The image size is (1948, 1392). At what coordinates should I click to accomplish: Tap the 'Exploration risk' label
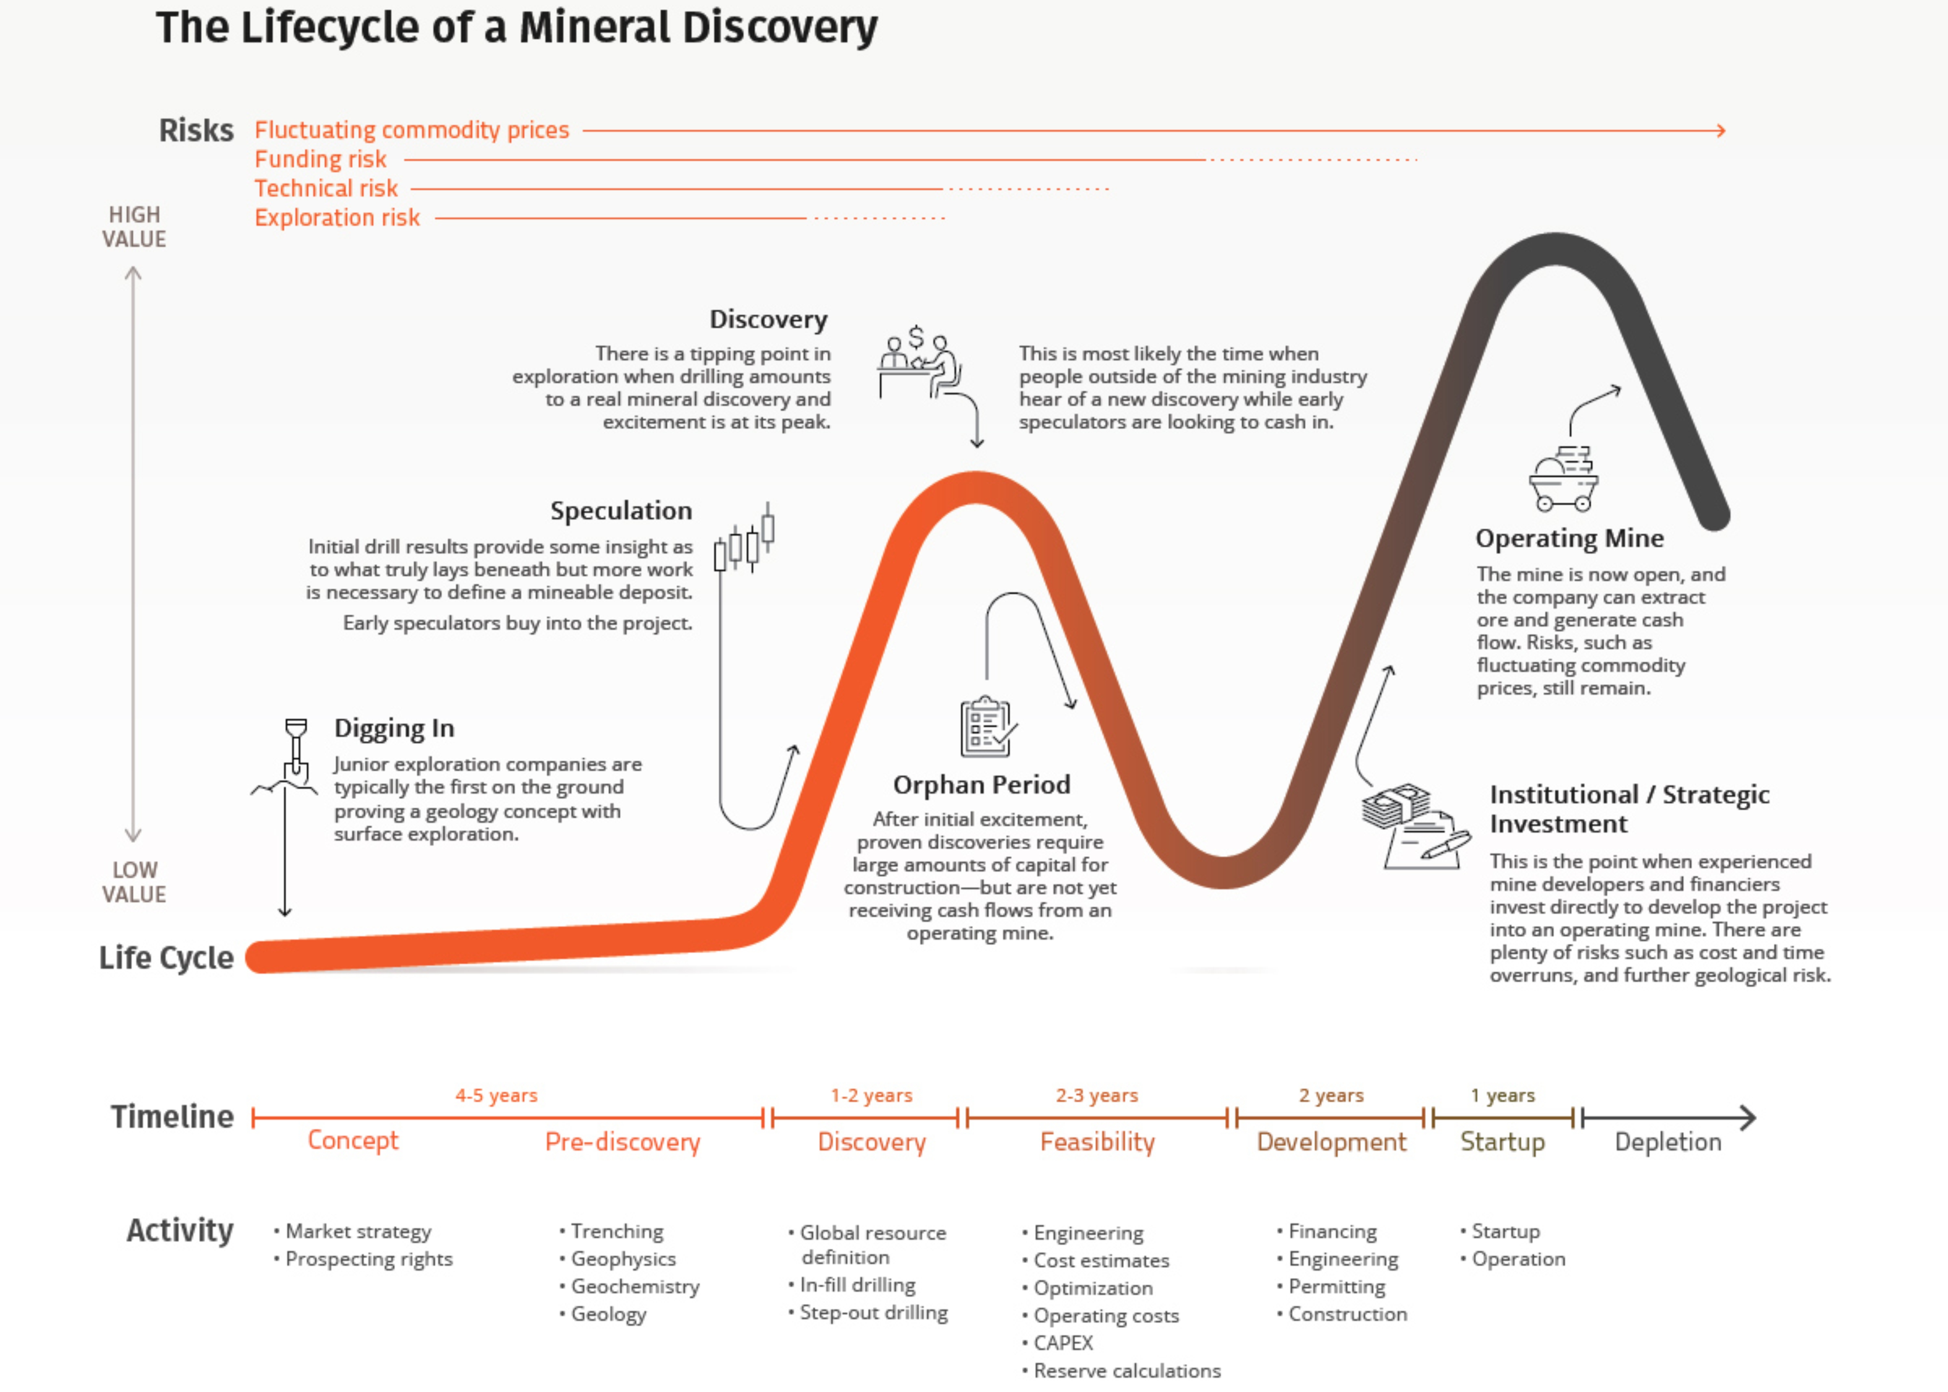click(x=337, y=218)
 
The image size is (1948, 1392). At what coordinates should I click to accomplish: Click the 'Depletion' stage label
click(x=1667, y=1142)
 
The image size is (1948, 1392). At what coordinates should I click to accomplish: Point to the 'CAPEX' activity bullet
click(x=1063, y=1342)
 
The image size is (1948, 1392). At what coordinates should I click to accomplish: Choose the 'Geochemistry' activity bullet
click(x=635, y=1286)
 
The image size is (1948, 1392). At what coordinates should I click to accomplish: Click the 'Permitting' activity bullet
click(x=1336, y=1286)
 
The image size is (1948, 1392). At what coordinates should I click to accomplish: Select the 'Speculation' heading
click(x=621, y=511)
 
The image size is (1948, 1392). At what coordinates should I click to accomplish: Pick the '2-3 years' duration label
click(x=1097, y=1095)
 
